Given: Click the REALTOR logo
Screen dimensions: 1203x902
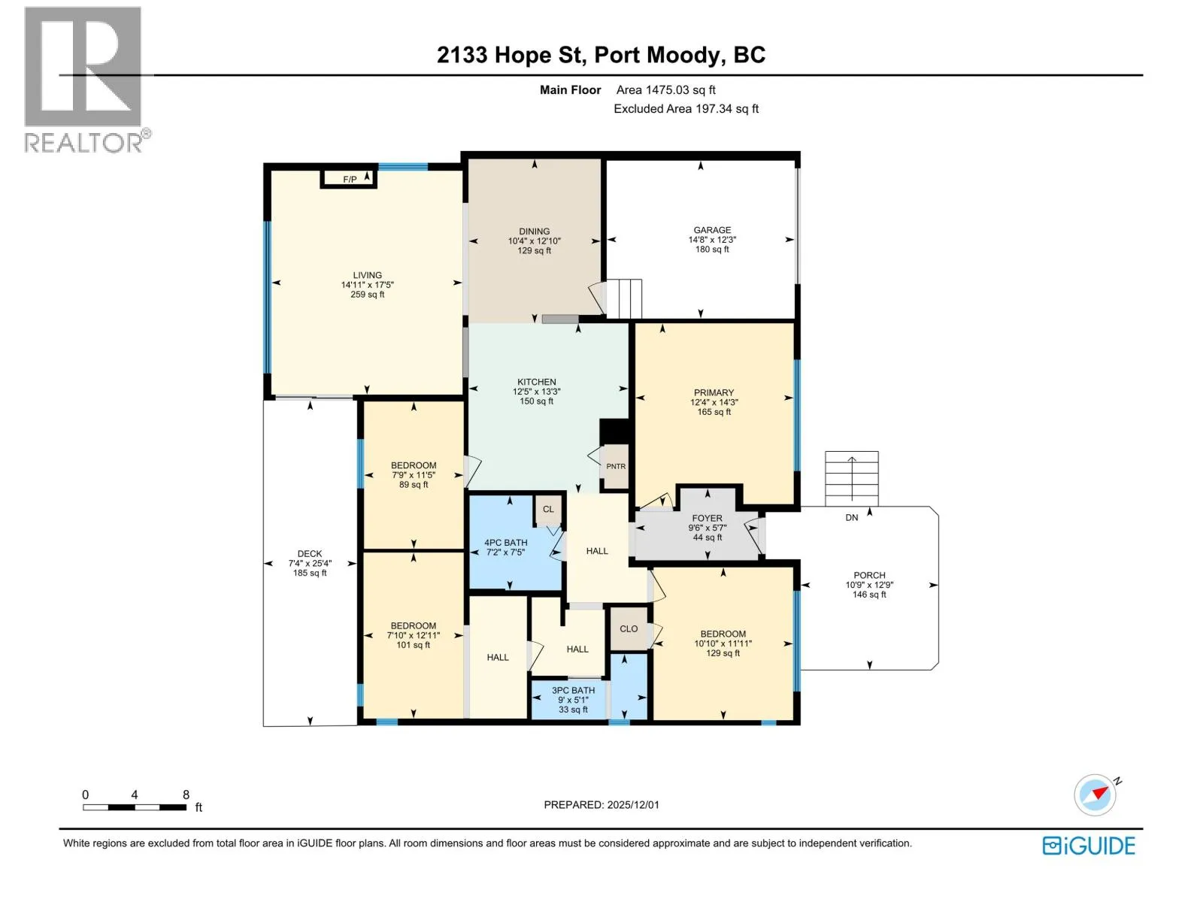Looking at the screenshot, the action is click(86, 80).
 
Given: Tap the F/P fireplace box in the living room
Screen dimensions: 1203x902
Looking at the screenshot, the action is click(349, 179).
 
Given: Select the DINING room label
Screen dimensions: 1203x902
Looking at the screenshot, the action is click(535, 231).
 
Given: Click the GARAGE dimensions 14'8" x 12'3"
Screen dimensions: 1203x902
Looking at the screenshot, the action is click(712, 240).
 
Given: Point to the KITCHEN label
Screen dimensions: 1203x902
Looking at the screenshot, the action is click(537, 382).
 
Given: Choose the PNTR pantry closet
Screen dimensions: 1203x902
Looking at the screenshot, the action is click(616, 466).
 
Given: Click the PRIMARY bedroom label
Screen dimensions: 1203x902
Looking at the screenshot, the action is click(714, 392).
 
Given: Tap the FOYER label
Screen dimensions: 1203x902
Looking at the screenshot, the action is click(707, 518).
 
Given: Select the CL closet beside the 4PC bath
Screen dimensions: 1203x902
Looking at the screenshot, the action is click(549, 510).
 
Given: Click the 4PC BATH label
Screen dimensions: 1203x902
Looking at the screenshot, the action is click(506, 543).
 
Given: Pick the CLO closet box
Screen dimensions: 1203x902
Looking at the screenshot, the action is click(629, 628).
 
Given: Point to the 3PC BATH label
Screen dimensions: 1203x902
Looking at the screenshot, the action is click(573, 691).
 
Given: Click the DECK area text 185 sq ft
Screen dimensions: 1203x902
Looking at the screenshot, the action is click(310, 574).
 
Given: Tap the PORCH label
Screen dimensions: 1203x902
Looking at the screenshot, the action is click(869, 576).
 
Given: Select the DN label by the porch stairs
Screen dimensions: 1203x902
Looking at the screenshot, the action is click(851, 518).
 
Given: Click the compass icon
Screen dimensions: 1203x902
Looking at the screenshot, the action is click(1095, 795).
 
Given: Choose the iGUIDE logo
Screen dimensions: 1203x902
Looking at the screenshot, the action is click(1089, 846).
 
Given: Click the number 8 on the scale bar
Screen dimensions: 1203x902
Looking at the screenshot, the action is click(186, 795).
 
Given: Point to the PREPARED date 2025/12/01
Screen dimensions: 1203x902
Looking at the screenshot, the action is click(633, 805).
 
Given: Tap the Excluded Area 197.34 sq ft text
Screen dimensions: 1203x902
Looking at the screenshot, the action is click(686, 109).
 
